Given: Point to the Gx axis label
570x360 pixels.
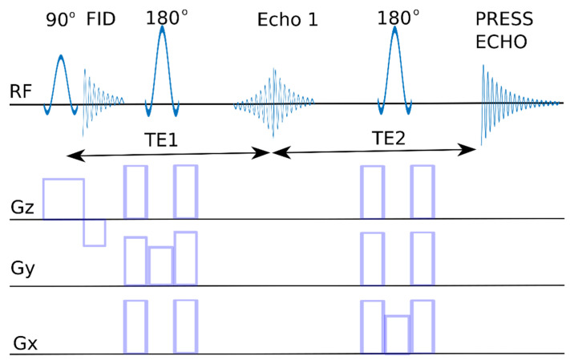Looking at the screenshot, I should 25,346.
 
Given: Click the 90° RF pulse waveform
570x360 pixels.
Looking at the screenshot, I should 62,80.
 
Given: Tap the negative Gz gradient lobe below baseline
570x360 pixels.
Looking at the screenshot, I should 95,233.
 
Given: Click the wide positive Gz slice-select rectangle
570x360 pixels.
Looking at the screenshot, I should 63,199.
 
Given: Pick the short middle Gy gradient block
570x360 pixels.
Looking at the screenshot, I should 160,265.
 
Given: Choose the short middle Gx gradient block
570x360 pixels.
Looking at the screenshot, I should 397,334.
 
